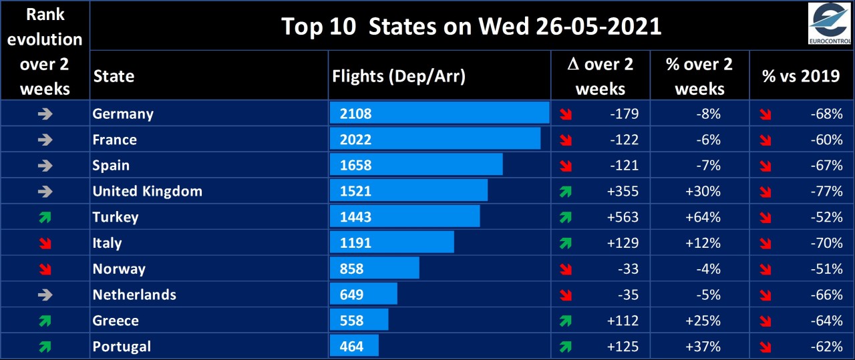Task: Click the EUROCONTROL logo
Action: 829,24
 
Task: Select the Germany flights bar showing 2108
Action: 439,114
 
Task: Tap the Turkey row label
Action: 116,217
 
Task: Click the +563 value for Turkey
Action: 623,217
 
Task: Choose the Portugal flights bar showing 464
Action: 354,347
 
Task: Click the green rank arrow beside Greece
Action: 45,321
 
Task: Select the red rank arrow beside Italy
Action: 45,243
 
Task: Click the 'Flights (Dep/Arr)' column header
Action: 398,75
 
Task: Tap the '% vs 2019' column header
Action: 801,75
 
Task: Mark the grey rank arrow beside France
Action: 45,140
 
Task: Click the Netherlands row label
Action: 134,295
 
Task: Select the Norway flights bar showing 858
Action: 374,268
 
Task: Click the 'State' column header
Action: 114,75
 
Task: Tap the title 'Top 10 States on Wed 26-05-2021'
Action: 471,26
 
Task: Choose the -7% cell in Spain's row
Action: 709,165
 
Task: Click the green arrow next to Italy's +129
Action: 566,243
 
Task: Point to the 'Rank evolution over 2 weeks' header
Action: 45,50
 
